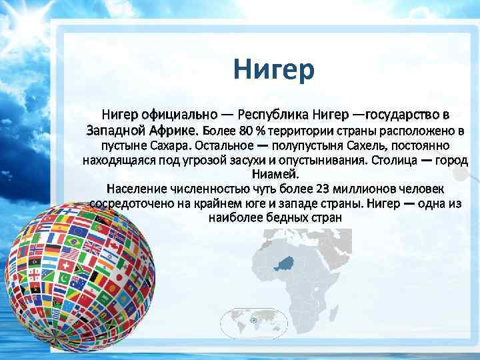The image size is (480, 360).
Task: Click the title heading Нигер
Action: [273, 70]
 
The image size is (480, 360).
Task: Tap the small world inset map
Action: [253, 321]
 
